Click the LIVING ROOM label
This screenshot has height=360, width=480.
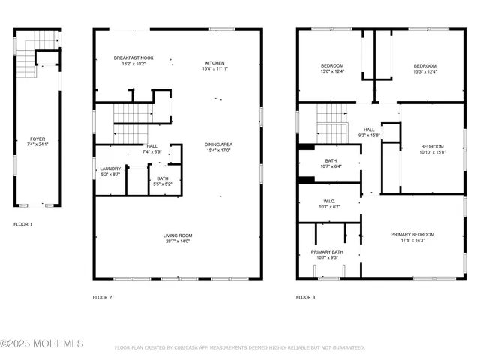coord(178,236)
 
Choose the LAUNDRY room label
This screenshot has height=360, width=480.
coord(110,169)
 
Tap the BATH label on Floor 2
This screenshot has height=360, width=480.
coord(163,178)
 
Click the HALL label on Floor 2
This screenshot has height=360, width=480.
coord(152,146)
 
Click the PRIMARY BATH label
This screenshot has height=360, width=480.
coord(328,251)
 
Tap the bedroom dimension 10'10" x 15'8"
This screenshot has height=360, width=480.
coord(433,152)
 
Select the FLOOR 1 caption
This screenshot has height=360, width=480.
coord(23,224)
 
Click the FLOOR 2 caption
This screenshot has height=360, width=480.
coord(102,298)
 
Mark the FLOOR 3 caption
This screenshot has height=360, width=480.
coord(305,298)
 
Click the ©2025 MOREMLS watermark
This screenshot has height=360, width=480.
coord(42,343)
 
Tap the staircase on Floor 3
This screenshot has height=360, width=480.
coord(330,122)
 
